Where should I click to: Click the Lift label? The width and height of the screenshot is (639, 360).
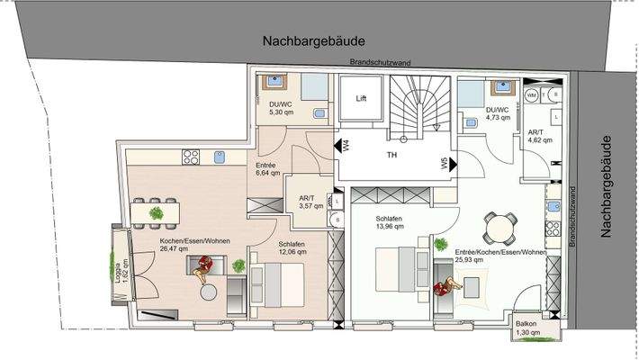pyautogui.click(x=361, y=98)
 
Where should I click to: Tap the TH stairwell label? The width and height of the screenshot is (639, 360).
pyautogui.click(x=392, y=154)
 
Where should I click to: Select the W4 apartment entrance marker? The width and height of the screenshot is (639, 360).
pyautogui.click(x=345, y=146)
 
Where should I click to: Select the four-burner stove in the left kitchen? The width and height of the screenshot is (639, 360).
pyautogui.click(x=191, y=157)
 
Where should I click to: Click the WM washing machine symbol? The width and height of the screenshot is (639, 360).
pyautogui.click(x=531, y=94)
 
